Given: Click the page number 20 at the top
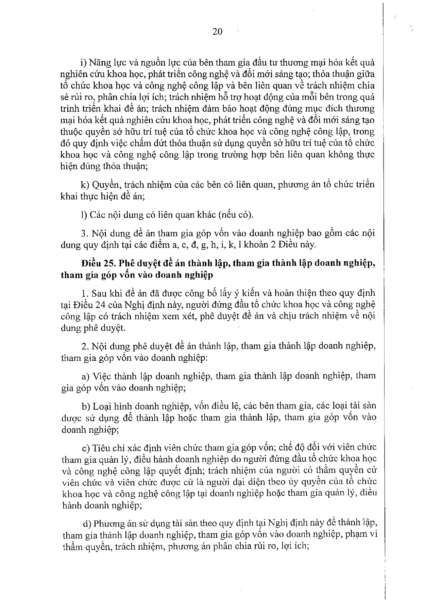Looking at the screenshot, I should tap(217, 32).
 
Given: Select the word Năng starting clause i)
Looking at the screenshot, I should tap(100, 63).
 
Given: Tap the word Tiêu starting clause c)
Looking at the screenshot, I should tap(100, 447).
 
